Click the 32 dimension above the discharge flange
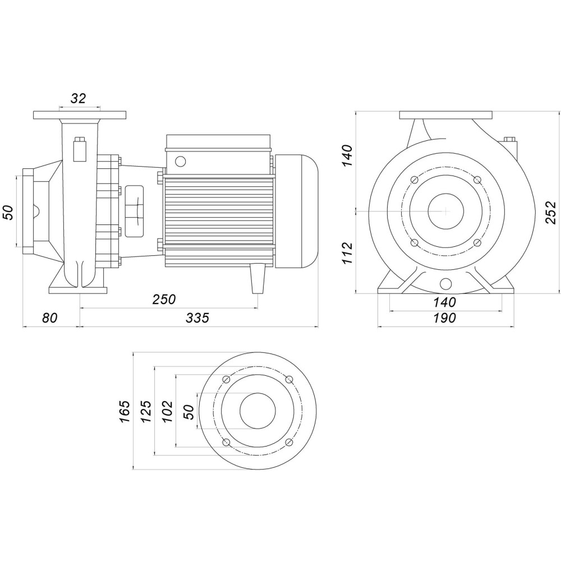[79, 99]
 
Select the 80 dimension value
[50, 318]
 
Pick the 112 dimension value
[347, 253]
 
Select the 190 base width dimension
[444, 318]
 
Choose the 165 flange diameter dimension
[125, 411]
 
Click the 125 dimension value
[145, 411]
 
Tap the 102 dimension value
[167, 411]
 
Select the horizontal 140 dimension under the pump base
[444, 302]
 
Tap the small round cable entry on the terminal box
[180, 162]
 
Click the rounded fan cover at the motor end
[297, 211]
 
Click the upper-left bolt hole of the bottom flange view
[226, 380]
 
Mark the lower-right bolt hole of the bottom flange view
[289, 443]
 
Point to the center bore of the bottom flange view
[257, 411]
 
